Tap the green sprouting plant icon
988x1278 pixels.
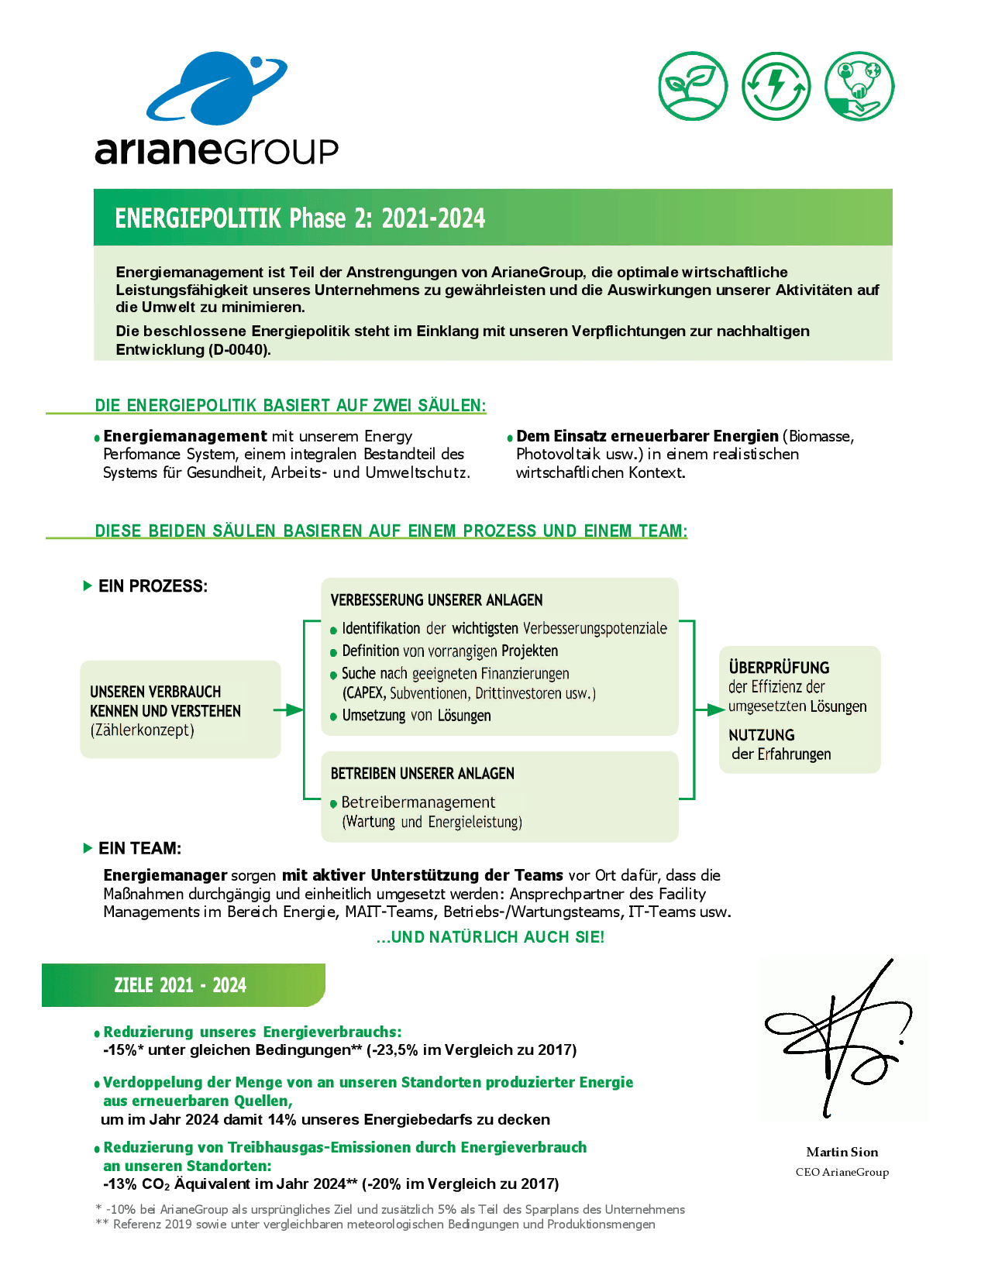pos(693,86)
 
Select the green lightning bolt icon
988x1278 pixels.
pos(776,86)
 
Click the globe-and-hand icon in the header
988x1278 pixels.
pos(859,86)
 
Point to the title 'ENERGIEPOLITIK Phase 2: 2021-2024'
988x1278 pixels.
pos(300,218)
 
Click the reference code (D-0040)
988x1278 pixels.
pos(239,349)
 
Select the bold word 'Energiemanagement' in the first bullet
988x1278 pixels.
pos(185,436)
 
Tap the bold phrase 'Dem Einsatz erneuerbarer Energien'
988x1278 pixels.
pos(647,436)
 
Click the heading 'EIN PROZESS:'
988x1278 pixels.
pos(153,586)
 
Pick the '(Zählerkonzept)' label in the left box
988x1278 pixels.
pos(143,730)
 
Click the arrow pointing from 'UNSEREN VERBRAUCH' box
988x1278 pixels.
pos(289,709)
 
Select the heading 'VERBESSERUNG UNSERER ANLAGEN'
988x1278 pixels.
pos(436,600)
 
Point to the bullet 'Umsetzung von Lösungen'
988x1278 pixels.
pos(416,716)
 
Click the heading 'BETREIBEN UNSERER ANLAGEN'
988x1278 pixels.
pos(422,774)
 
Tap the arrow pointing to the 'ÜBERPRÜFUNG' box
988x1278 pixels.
pos(709,709)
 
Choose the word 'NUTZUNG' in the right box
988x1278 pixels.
pos(762,735)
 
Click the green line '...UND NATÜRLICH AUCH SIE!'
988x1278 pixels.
pos(490,937)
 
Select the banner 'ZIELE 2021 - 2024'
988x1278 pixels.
pos(181,985)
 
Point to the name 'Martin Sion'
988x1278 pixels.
pos(842,1152)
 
